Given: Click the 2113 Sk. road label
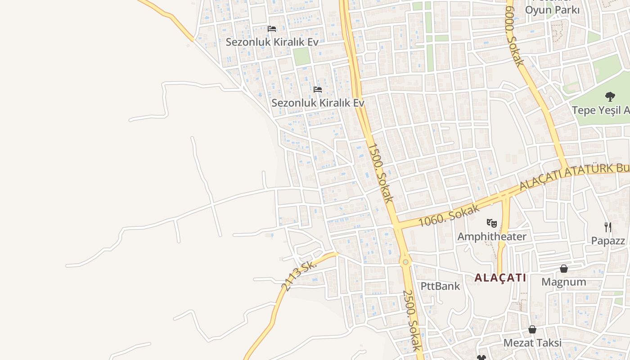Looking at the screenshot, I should (299, 274).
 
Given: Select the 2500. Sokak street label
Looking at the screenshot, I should (412, 320).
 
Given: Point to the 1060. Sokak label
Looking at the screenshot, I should (448, 215).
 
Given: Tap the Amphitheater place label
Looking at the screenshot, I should (492, 236).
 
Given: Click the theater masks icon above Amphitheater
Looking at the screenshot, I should (492, 222).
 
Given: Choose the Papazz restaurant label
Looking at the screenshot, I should (608, 241).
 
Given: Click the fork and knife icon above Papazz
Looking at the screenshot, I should (608, 227).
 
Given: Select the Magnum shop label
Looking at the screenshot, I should (563, 282).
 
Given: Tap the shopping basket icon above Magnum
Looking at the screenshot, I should (563, 269).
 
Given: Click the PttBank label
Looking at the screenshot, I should (440, 286).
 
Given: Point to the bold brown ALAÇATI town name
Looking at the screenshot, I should (500, 278).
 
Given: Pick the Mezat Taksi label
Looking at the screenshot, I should (532, 343).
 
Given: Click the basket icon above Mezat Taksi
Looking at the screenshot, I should (532, 329).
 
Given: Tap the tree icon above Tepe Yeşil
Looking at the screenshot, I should (610, 96).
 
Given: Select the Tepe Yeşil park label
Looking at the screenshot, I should (601, 110).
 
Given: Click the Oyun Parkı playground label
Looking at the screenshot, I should (553, 9).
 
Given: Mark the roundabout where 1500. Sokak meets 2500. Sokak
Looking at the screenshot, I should (405, 261).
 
